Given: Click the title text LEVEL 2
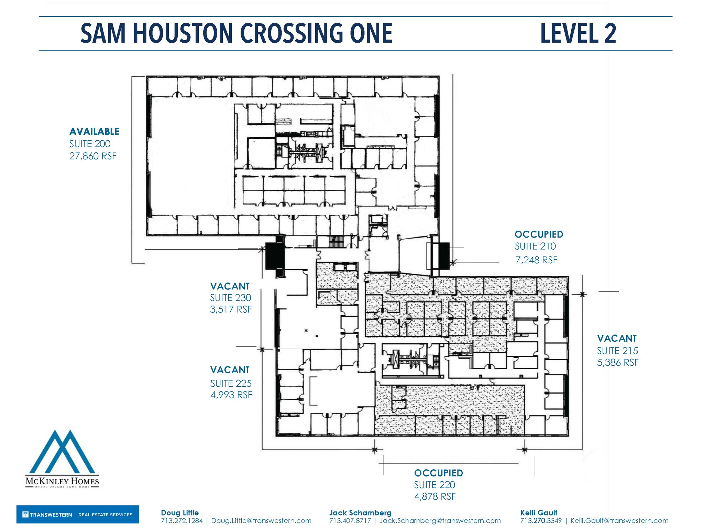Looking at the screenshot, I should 578,33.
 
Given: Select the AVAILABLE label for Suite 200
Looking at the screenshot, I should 94,132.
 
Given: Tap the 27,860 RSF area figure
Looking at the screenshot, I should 93,156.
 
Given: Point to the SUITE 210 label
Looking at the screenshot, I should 535,246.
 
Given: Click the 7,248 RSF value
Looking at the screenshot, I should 536,260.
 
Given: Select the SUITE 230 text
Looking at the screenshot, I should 230,298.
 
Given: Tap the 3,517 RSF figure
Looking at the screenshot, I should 231,309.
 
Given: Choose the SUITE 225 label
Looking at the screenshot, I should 231,383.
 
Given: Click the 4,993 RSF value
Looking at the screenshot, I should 231,395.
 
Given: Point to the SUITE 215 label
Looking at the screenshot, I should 617,351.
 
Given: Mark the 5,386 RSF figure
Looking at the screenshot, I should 617,363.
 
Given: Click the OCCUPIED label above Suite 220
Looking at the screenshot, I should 438,473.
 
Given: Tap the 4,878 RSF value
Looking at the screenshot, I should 434,497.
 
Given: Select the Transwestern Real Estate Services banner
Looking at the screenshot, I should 78,515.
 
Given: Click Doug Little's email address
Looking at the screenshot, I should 261,521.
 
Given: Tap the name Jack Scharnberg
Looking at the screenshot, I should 360,513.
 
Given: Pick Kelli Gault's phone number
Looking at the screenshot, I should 540,521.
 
